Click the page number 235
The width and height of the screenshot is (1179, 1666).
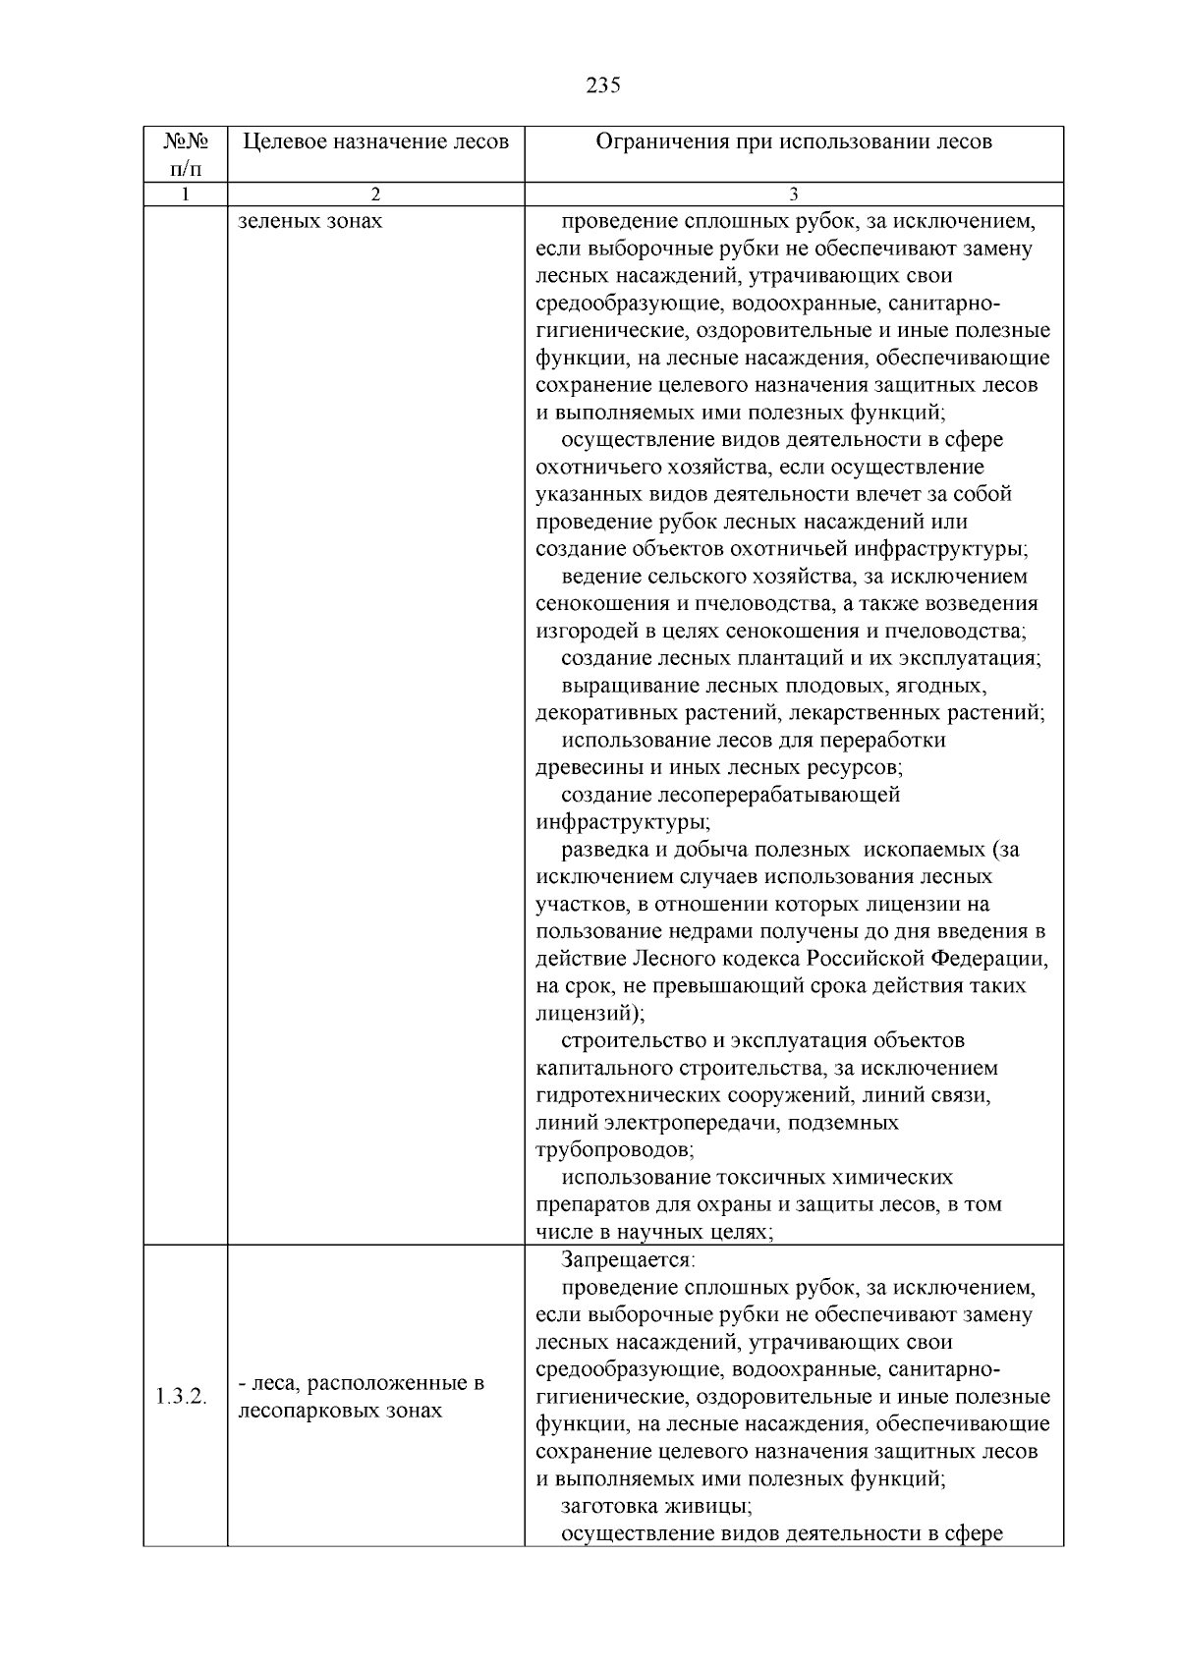[602, 85]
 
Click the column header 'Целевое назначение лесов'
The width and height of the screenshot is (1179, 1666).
[375, 141]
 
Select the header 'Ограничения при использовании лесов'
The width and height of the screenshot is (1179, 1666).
[794, 141]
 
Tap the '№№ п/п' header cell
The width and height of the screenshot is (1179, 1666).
[185, 154]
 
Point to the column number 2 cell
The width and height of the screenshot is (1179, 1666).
[375, 194]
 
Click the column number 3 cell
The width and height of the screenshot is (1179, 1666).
[794, 194]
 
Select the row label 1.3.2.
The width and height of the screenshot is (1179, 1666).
[182, 1397]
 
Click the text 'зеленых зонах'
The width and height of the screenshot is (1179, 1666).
[310, 221]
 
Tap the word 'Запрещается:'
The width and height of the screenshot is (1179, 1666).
[628, 1259]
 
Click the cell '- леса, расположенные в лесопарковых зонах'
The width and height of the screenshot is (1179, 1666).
[362, 1397]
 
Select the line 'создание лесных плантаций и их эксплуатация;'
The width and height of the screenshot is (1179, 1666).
[801, 658]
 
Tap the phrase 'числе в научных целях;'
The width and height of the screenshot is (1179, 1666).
[654, 1232]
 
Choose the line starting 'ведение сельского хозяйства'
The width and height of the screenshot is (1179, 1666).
[794, 576]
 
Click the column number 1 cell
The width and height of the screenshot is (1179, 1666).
[185, 194]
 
